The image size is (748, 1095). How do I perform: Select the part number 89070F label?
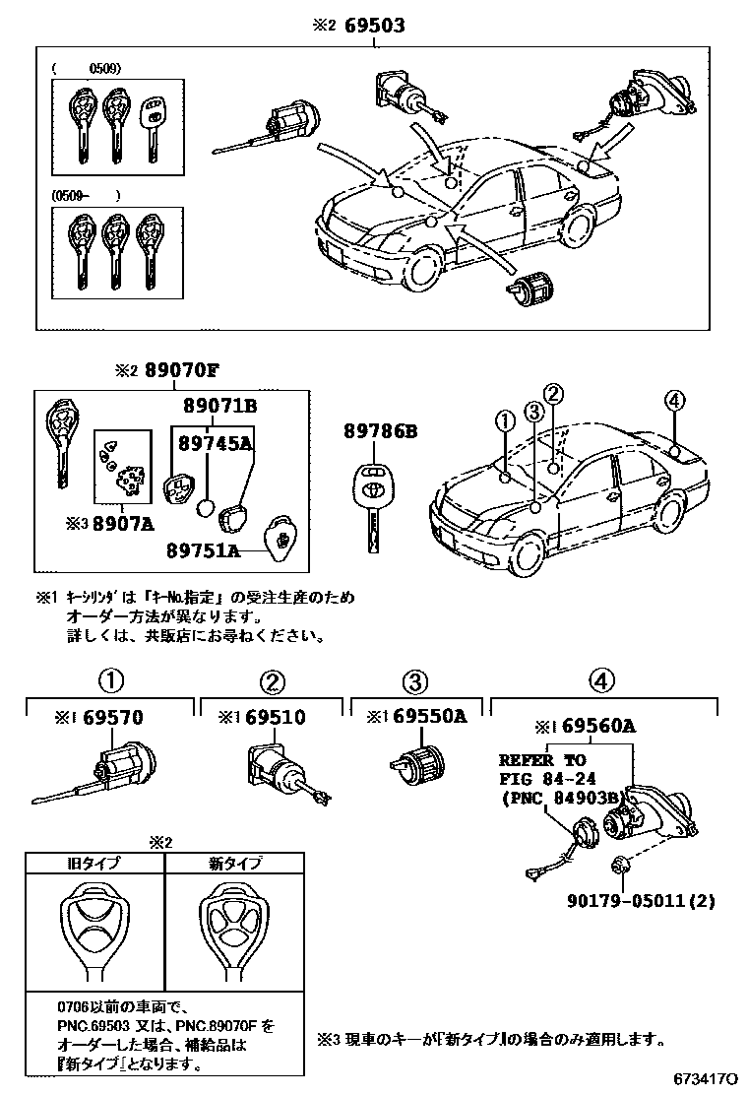pos(179,371)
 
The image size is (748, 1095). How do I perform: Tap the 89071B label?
pos(219,405)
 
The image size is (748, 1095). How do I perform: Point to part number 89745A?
pos(215,443)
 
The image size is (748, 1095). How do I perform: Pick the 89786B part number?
pos(379,430)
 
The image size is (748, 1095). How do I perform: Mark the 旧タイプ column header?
pos(94,864)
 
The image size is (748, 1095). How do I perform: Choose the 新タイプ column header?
pos(235,864)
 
